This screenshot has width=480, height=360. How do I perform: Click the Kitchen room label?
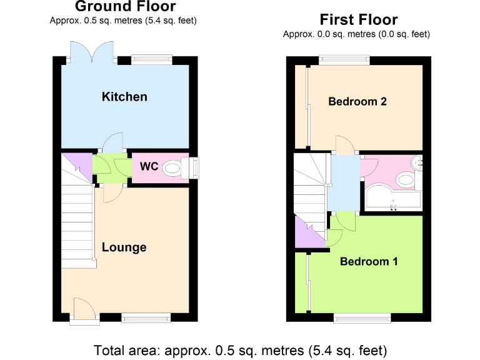(x=124, y=96)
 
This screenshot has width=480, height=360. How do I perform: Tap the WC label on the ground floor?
(x=148, y=167)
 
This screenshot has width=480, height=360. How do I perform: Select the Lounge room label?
(x=124, y=247)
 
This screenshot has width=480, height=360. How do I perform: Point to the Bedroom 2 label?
(x=357, y=101)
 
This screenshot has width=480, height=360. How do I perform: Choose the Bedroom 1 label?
(x=369, y=261)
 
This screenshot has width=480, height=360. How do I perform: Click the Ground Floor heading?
(x=123, y=7)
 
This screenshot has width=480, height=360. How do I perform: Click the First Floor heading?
(x=359, y=19)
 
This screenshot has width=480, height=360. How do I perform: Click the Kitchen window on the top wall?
(x=152, y=60)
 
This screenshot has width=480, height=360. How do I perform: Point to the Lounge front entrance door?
(x=84, y=311)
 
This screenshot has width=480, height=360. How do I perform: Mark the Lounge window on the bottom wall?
(x=146, y=318)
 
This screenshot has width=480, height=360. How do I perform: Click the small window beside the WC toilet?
(x=193, y=167)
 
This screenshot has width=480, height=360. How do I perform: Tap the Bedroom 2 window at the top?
(x=344, y=60)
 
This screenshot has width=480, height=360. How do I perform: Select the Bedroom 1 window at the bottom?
(x=363, y=318)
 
